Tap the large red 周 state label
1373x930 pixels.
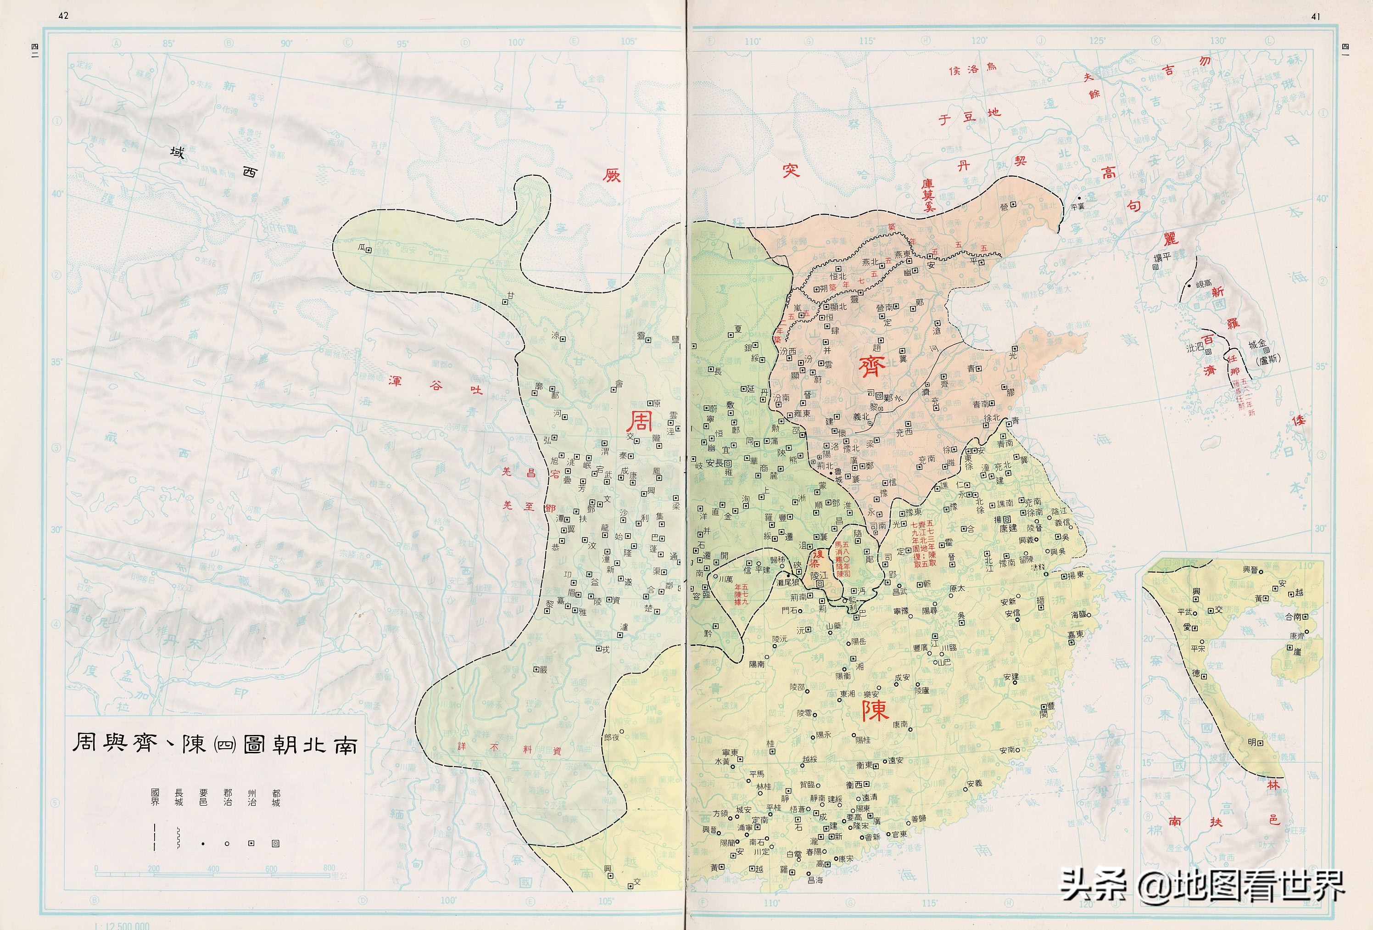pos(639,422)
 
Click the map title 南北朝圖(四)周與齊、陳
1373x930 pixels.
pos(214,742)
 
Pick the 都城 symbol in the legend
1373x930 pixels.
pos(275,844)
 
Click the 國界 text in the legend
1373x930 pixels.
pos(155,797)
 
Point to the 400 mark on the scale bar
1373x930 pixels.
pos(213,869)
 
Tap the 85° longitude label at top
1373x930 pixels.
pos(169,43)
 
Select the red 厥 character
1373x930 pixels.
pos(612,175)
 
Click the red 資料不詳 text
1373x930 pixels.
pos(509,748)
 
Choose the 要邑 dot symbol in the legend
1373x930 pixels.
pos(203,844)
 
